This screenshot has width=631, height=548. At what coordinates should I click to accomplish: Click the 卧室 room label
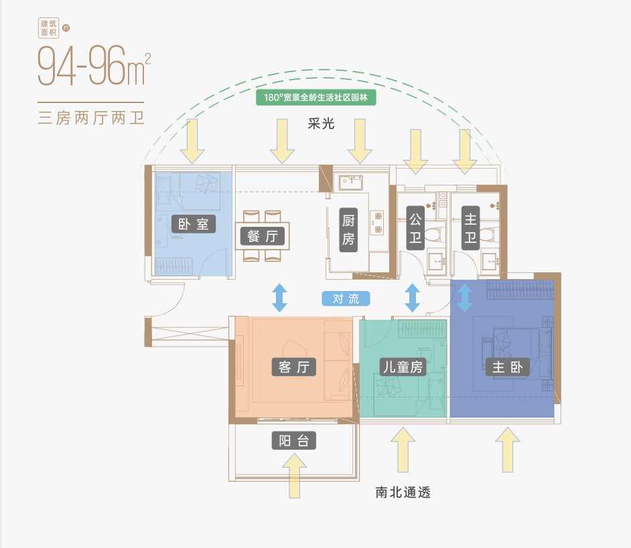pyautogui.click(x=194, y=223)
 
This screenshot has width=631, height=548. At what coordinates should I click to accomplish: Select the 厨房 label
pyautogui.click(x=348, y=230)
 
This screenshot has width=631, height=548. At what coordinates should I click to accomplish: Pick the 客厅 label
pyautogui.click(x=293, y=367)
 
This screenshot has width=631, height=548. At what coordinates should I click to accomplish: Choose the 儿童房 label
pyautogui.click(x=403, y=367)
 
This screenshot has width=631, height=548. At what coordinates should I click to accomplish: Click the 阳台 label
pyautogui.click(x=293, y=440)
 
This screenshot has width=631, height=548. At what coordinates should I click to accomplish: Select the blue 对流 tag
pyautogui.click(x=346, y=298)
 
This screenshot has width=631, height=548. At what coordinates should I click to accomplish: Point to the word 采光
pyautogui.click(x=322, y=124)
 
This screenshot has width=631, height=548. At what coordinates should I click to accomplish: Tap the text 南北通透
pyautogui.click(x=403, y=493)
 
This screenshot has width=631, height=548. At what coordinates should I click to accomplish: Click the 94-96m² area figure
pyautogui.click(x=94, y=66)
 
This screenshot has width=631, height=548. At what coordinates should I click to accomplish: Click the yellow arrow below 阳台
pyautogui.click(x=294, y=476)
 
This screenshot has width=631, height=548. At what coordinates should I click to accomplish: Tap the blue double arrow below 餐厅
pyautogui.click(x=279, y=298)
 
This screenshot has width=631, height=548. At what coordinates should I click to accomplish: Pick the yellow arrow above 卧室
pyautogui.click(x=192, y=141)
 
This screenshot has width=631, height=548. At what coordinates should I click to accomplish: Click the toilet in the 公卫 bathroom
pyautogui.click(x=433, y=235)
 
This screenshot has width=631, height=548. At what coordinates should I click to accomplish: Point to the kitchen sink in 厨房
pyautogui.click(x=351, y=182)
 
